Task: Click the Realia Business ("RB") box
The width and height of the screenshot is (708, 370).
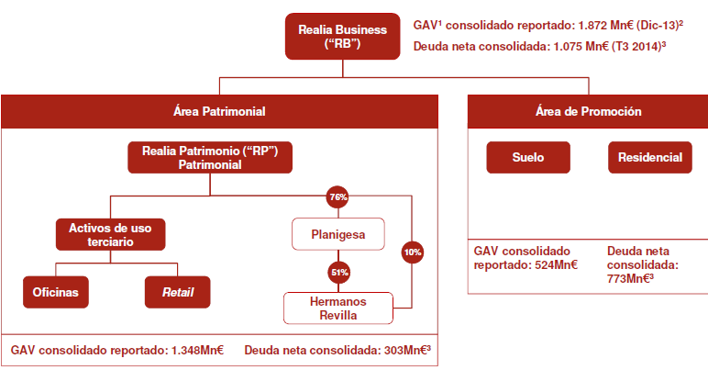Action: tap(343, 38)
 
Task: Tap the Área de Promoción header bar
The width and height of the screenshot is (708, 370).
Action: tap(588, 111)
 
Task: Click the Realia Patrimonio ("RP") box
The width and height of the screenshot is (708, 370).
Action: tap(210, 157)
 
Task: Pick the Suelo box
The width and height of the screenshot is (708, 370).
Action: tap(527, 158)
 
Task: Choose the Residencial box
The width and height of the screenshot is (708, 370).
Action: tap(649, 158)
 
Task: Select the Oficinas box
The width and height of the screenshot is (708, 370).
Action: tap(57, 293)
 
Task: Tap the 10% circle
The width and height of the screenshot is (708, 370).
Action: tap(411, 250)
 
